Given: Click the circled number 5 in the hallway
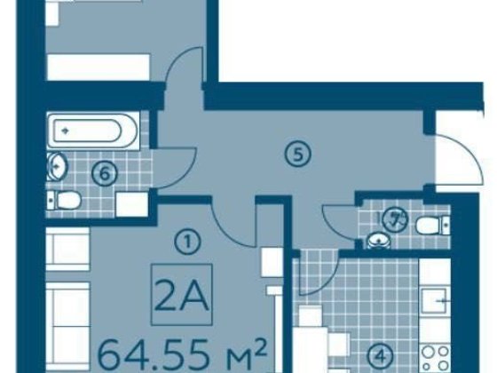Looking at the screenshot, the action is coord(297,155).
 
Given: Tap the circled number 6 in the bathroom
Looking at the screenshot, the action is coord(105,174).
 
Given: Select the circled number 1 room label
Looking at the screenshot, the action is coord(187,242).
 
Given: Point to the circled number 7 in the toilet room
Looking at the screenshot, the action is coord(394,219).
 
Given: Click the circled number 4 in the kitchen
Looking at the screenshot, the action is coord(381,357).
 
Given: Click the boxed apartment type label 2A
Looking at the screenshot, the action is coord(182,294).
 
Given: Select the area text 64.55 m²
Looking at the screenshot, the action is coord(182,354).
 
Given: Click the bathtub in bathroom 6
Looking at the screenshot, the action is coord(92,130).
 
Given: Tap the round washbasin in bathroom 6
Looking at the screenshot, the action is coord(57,166).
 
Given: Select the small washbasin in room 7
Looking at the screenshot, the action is coord(378,241).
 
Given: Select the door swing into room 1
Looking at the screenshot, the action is coord(231,229).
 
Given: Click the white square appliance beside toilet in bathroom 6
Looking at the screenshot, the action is coord(132,204).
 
